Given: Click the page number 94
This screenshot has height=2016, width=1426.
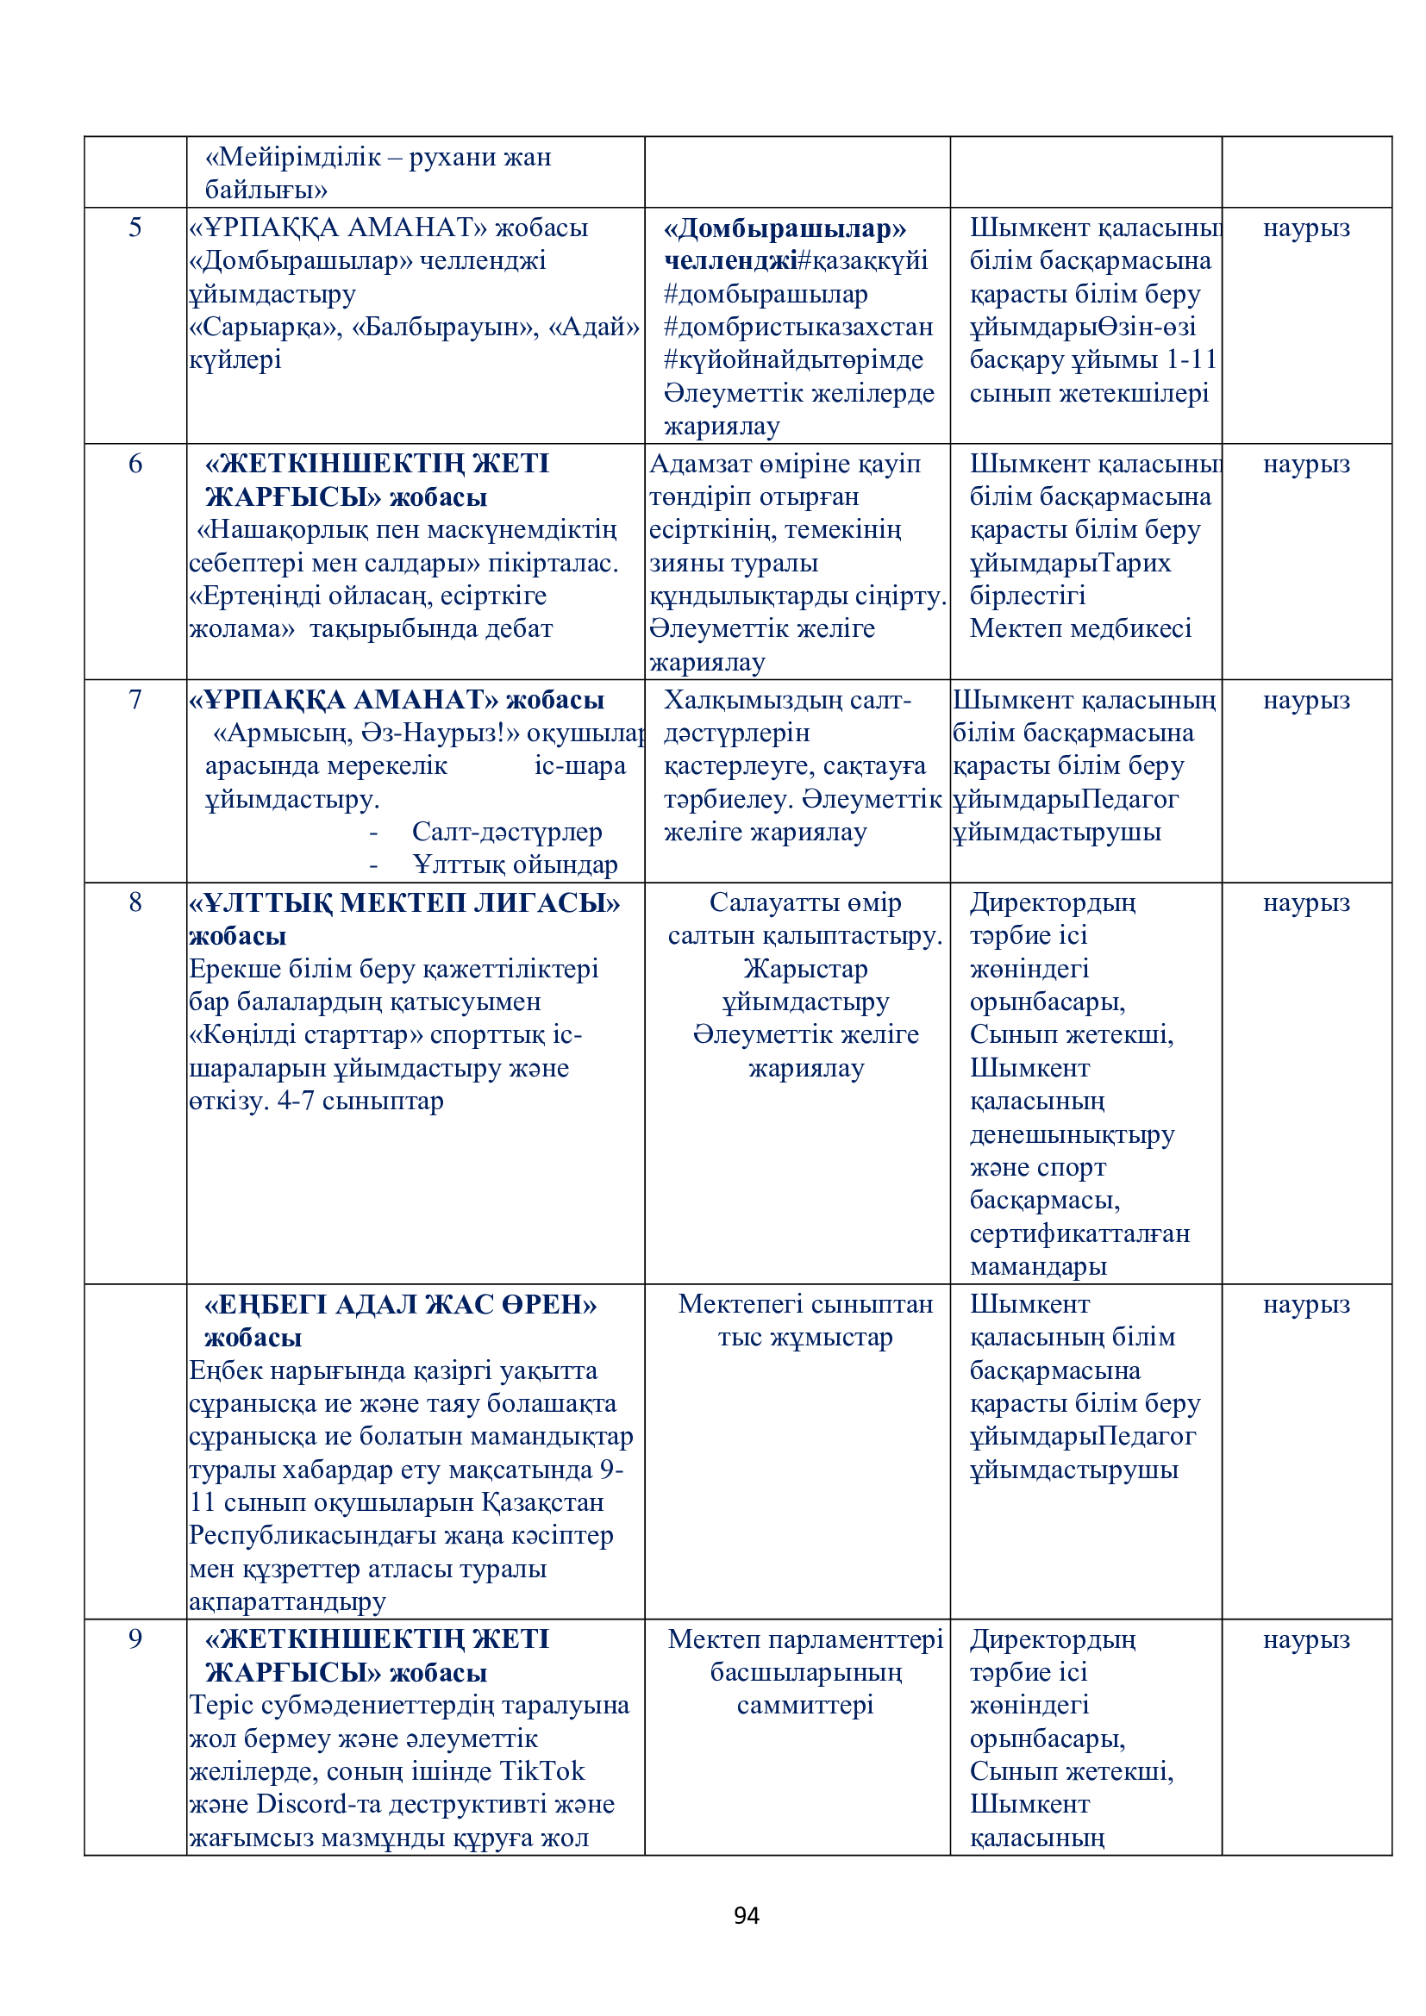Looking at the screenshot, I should tap(746, 1915).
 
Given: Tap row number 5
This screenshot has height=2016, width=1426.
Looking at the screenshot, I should tap(135, 228).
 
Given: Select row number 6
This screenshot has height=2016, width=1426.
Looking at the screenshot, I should tap(135, 464).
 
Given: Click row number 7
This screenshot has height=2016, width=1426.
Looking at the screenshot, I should tap(135, 700).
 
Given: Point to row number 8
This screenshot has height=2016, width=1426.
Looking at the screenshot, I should tap(135, 902).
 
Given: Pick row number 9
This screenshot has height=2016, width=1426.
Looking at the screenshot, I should tap(135, 1638).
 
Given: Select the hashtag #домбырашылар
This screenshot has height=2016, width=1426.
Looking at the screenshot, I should tap(766, 294).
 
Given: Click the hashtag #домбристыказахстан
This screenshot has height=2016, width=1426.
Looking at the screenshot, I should tap(798, 327).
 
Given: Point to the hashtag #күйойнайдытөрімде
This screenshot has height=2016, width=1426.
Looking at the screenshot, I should tap(794, 360).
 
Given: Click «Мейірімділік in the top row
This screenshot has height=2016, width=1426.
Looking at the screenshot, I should tap(293, 157).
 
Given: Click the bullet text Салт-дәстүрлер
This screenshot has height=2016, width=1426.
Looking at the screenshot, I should tap(507, 832).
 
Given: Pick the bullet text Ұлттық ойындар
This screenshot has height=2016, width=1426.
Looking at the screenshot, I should tap(516, 864).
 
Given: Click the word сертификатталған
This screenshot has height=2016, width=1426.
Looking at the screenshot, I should tap(1079, 1233).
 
